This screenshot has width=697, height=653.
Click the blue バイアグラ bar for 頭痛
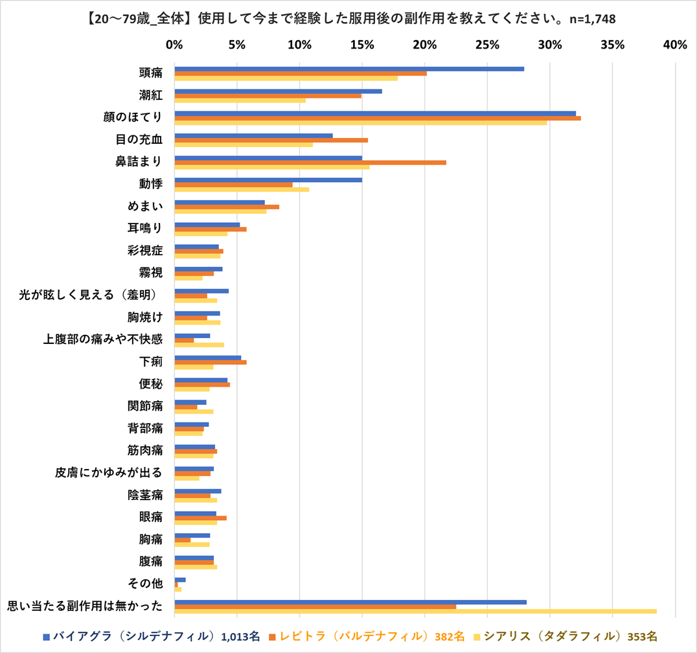(x=349, y=69)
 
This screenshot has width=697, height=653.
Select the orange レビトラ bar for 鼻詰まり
(x=310, y=162)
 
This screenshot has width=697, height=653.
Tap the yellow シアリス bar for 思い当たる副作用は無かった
(x=415, y=611)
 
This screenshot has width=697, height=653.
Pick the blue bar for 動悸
(x=268, y=179)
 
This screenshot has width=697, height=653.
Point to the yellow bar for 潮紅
(x=240, y=100)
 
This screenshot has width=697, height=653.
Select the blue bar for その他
(x=180, y=579)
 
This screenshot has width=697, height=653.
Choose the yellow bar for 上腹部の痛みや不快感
(x=200, y=345)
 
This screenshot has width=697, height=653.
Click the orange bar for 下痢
(x=211, y=362)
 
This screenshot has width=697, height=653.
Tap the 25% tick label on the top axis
(x=487, y=45)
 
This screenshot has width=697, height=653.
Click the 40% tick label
(x=675, y=45)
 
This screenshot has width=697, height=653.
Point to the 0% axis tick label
(x=174, y=45)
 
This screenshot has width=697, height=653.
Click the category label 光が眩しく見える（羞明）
(x=90, y=295)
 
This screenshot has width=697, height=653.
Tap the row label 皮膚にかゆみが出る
(x=108, y=472)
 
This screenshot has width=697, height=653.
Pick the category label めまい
(x=144, y=206)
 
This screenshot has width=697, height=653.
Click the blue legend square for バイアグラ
(x=46, y=636)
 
